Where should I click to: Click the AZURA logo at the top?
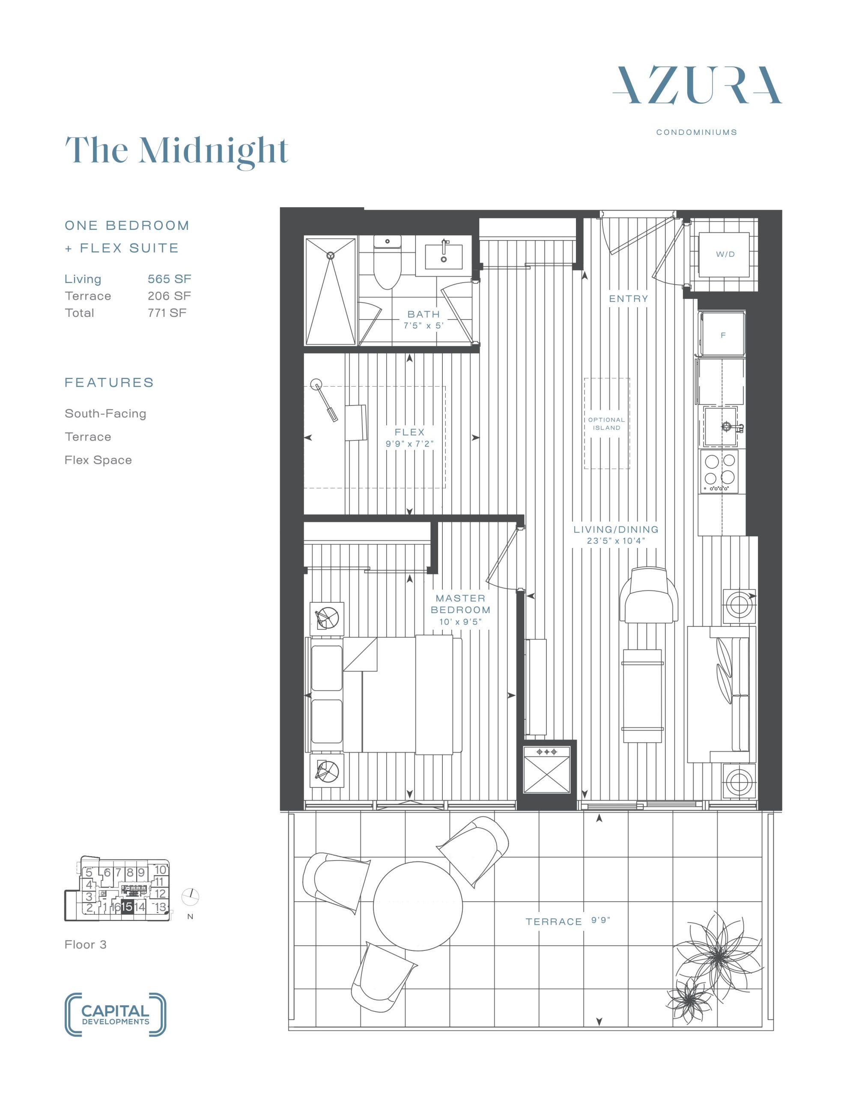click(697, 85)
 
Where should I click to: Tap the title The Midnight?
click(177, 151)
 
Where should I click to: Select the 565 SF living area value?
click(169, 279)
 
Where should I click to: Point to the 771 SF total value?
click(167, 313)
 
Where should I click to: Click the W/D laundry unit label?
click(725, 254)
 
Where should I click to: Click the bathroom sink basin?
click(444, 257)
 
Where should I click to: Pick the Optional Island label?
click(606, 424)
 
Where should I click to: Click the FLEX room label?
click(410, 432)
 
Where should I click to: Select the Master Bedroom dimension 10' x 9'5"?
click(460, 622)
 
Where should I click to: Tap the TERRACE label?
click(554, 922)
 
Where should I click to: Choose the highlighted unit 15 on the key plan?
click(127, 907)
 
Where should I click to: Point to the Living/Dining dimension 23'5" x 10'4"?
click(615, 541)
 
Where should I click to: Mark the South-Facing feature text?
click(105, 414)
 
